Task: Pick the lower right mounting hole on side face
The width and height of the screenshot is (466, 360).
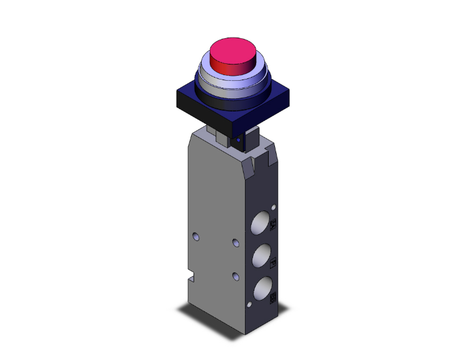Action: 235,275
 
